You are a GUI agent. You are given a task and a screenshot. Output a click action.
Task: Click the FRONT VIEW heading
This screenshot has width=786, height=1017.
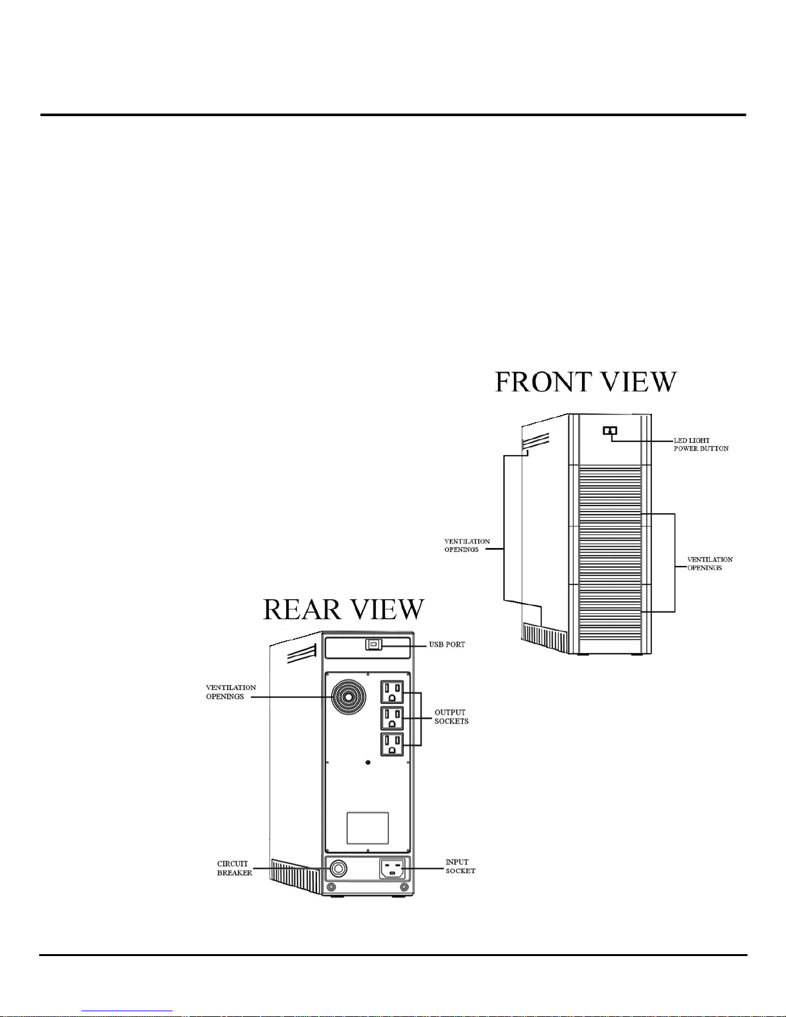click(x=586, y=382)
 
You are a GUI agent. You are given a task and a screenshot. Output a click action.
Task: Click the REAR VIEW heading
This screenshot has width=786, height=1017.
click(x=344, y=610)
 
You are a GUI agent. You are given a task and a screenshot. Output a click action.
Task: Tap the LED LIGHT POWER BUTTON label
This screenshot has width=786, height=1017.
click(x=701, y=444)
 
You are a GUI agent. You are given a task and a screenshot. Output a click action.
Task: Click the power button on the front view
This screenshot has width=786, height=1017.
click(x=610, y=430)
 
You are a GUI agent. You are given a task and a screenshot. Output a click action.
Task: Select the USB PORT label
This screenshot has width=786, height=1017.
click(x=447, y=644)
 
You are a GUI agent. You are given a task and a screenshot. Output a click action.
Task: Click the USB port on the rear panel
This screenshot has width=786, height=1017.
click(x=373, y=645)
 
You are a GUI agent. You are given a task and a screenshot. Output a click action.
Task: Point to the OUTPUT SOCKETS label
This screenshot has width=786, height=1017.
click(x=451, y=717)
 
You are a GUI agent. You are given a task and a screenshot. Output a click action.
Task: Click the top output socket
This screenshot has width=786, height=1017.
click(x=392, y=692)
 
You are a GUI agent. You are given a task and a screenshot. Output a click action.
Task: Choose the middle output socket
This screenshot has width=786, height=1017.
click(x=392, y=718)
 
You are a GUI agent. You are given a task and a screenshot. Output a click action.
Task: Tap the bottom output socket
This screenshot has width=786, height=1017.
click(x=392, y=744)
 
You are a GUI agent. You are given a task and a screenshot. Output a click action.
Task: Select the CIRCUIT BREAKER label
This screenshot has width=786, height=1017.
click(x=234, y=868)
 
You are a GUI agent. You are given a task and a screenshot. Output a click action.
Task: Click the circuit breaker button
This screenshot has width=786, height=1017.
click(x=338, y=869)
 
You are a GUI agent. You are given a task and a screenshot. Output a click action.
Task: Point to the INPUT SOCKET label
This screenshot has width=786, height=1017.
click(x=461, y=866)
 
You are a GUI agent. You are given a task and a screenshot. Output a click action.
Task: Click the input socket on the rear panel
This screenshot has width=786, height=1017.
click(x=391, y=869)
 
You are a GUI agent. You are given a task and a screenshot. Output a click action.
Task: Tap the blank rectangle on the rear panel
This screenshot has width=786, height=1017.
click(x=367, y=828)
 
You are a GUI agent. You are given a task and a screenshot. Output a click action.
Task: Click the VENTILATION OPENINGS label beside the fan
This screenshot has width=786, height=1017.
click(x=230, y=692)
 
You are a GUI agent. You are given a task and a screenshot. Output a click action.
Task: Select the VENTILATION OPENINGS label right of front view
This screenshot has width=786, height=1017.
click(x=710, y=563)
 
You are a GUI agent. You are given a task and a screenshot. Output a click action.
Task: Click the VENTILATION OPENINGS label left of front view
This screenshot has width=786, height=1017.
click(x=467, y=545)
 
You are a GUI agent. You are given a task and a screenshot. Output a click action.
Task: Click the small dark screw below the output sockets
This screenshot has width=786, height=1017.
click(x=367, y=762)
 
